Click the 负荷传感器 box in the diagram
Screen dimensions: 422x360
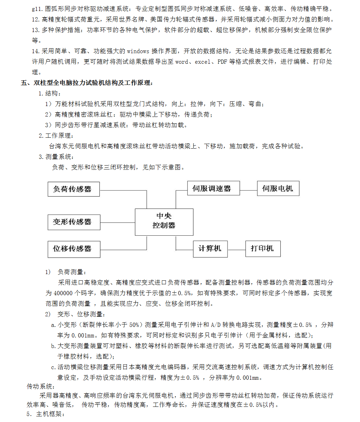pyautogui.click(x=74, y=189)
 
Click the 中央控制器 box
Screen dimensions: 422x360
pyautogui.click(x=164, y=222)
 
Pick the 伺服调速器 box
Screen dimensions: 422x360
pyautogui.click(x=213, y=188)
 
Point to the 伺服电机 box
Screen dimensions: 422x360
pyautogui.click(x=278, y=188)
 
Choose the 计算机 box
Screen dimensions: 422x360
pyautogui.click(x=210, y=249)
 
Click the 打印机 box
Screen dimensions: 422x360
pyautogui.click(x=263, y=249)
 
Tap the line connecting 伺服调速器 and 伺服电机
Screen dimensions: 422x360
pyautogui.click(x=248, y=191)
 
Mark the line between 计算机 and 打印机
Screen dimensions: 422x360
pyautogui.click(x=236, y=250)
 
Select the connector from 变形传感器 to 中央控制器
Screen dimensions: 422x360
pyautogui.click(x=118, y=223)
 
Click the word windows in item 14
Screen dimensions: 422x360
pyautogui.click(x=138, y=51)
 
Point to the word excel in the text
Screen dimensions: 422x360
pyautogui.click(x=202, y=62)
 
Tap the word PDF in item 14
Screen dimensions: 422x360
pyautogui.click(x=222, y=62)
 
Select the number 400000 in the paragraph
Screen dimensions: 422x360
pyautogui.click(x=63, y=293)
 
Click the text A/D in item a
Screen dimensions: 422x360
pyautogui.click(x=216, y=325)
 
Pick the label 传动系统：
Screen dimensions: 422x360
pyautogui.click(x=41, y=386)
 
